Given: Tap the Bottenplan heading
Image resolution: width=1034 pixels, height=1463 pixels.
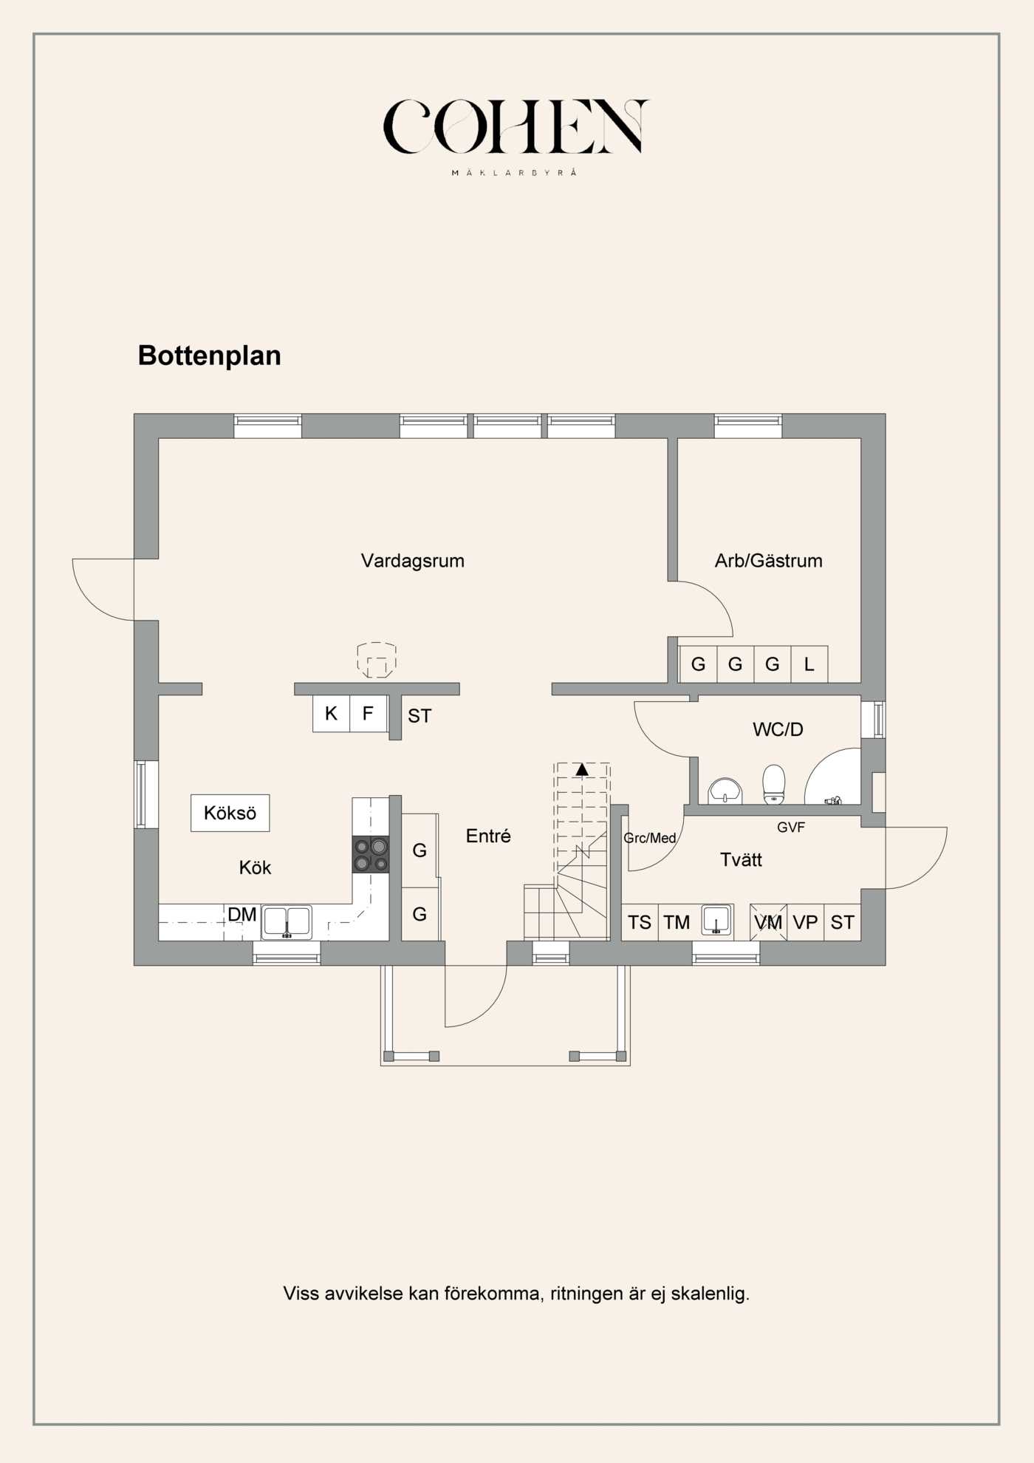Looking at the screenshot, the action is [210, 355].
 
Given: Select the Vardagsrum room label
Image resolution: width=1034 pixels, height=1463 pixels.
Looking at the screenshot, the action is [413, 561].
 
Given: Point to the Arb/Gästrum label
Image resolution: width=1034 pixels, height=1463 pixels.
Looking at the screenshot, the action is [768, 561].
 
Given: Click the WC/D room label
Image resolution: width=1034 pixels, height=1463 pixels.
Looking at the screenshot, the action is [778, 729].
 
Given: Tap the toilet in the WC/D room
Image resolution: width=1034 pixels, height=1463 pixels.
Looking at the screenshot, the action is [773, 784].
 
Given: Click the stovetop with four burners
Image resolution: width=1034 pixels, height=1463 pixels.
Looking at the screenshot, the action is [371, 854].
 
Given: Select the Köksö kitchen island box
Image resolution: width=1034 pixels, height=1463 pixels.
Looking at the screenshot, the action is [230, 813].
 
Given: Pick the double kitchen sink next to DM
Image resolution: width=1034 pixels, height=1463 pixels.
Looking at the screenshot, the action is [287, 922].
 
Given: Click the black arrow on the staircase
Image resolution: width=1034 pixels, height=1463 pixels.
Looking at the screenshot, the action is [582, 770].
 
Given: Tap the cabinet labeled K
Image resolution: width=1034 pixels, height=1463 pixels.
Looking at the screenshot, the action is [331, 714].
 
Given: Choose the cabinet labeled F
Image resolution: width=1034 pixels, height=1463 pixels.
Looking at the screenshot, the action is [368, 714].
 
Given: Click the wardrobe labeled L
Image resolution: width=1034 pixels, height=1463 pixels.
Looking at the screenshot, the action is [809, 664].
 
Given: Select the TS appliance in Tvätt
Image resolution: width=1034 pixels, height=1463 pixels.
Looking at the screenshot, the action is [640, 922].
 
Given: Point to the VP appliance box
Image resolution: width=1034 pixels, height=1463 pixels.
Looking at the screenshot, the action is [805, 922].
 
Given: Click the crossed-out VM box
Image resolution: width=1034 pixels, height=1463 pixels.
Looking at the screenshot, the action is [768, 922].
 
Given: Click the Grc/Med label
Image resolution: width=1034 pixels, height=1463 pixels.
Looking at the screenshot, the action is [650, 838].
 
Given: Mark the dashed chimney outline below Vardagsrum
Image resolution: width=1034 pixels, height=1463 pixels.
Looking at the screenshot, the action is [377, 660].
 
